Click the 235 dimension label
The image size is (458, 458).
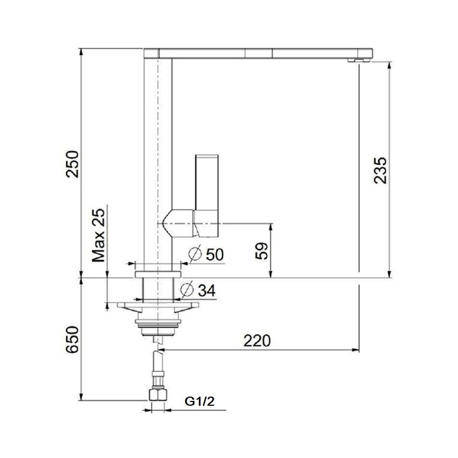[x=380, y=170]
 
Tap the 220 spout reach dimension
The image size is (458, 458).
[x=256, y=341]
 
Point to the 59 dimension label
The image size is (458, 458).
[x=261, y=251]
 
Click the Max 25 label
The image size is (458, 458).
[x=99, y=236]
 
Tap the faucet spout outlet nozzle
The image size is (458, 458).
[x=356, y=60]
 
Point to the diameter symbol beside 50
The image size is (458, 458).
[x=196, y=254]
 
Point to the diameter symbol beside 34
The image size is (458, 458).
[x=186, y=290]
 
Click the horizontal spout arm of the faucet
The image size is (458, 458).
[x=259, y=53]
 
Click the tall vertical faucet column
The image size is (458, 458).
[x=158, y=162]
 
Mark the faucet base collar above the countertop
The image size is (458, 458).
[x=158, y=268]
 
